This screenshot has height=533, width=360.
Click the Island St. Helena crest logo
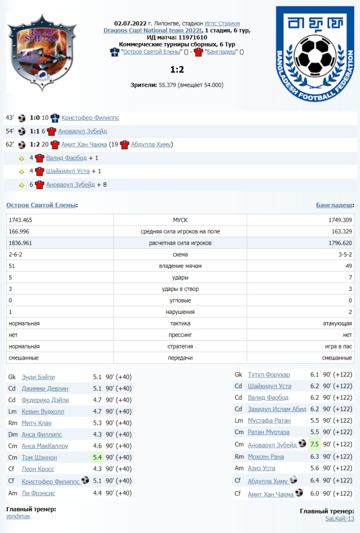coord(42,52)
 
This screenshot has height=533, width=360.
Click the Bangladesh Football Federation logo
coord(315,52)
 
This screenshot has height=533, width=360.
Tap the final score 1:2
coord(177,69)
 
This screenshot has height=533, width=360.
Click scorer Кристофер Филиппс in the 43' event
coord(90,117)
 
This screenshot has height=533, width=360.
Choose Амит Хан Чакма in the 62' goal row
coord(84,145)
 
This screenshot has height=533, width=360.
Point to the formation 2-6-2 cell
coord(16,254)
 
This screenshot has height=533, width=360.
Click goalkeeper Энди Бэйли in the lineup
coord(38,377)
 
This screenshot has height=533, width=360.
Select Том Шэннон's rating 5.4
coord(97,457)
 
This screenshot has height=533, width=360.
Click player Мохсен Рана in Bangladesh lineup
coord(265,457)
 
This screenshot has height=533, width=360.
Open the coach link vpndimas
coord(18,517)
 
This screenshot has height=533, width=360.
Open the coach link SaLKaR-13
coord(339,519)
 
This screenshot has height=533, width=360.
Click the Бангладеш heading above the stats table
coord(334,205)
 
